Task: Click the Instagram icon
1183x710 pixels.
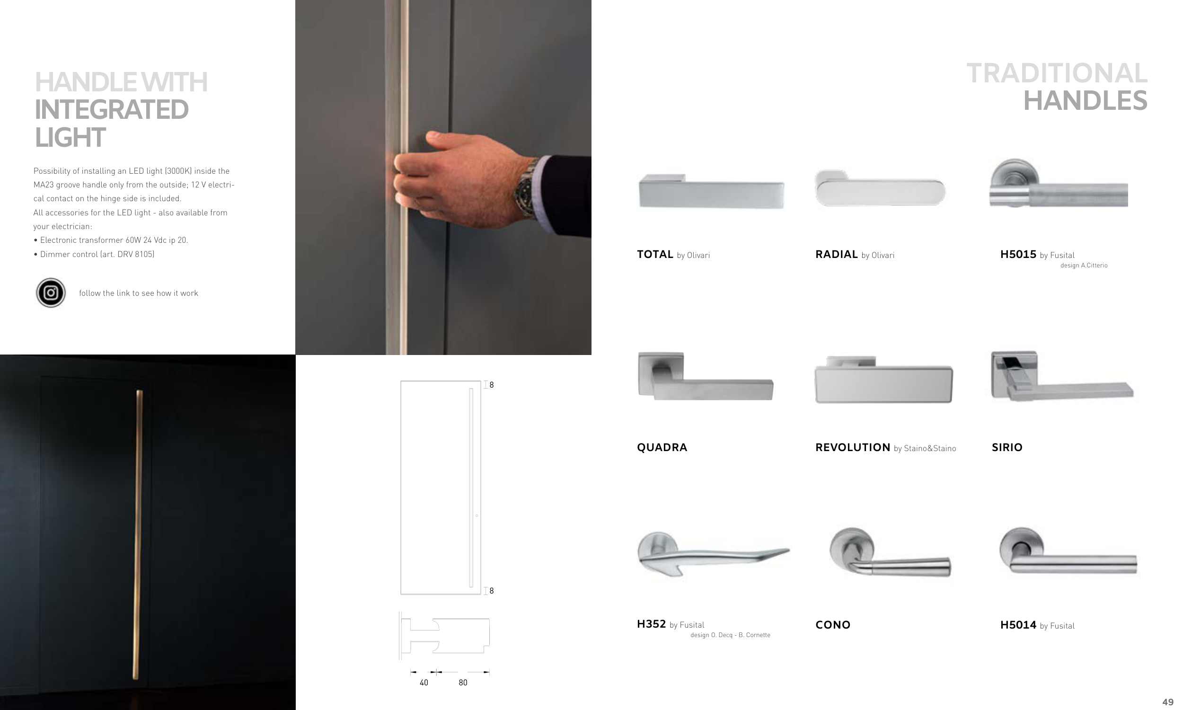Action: pos(51,293)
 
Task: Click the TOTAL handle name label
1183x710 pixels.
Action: pos(654,255)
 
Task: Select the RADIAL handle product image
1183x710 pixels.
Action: pos(880,188)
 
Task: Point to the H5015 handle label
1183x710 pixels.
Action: pos(1018,255)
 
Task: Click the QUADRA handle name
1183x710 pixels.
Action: pos(662,447)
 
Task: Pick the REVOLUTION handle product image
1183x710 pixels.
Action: pos(883,380)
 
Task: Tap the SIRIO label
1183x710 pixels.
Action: pos(1007,447)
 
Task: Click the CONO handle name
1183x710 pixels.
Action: pos(832,625)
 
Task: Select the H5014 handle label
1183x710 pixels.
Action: pos(1018,625)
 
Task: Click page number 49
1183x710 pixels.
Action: pos(1168,702)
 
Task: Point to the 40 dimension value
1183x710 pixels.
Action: pos(424,683)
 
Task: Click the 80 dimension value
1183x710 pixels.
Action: pos(463,683)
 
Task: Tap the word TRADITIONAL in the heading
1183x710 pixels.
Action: pos(1057,73)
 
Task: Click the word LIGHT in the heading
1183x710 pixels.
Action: pos(70,138)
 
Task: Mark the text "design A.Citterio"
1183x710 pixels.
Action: pos(1084,266)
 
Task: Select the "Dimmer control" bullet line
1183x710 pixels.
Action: pos(94,254)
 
